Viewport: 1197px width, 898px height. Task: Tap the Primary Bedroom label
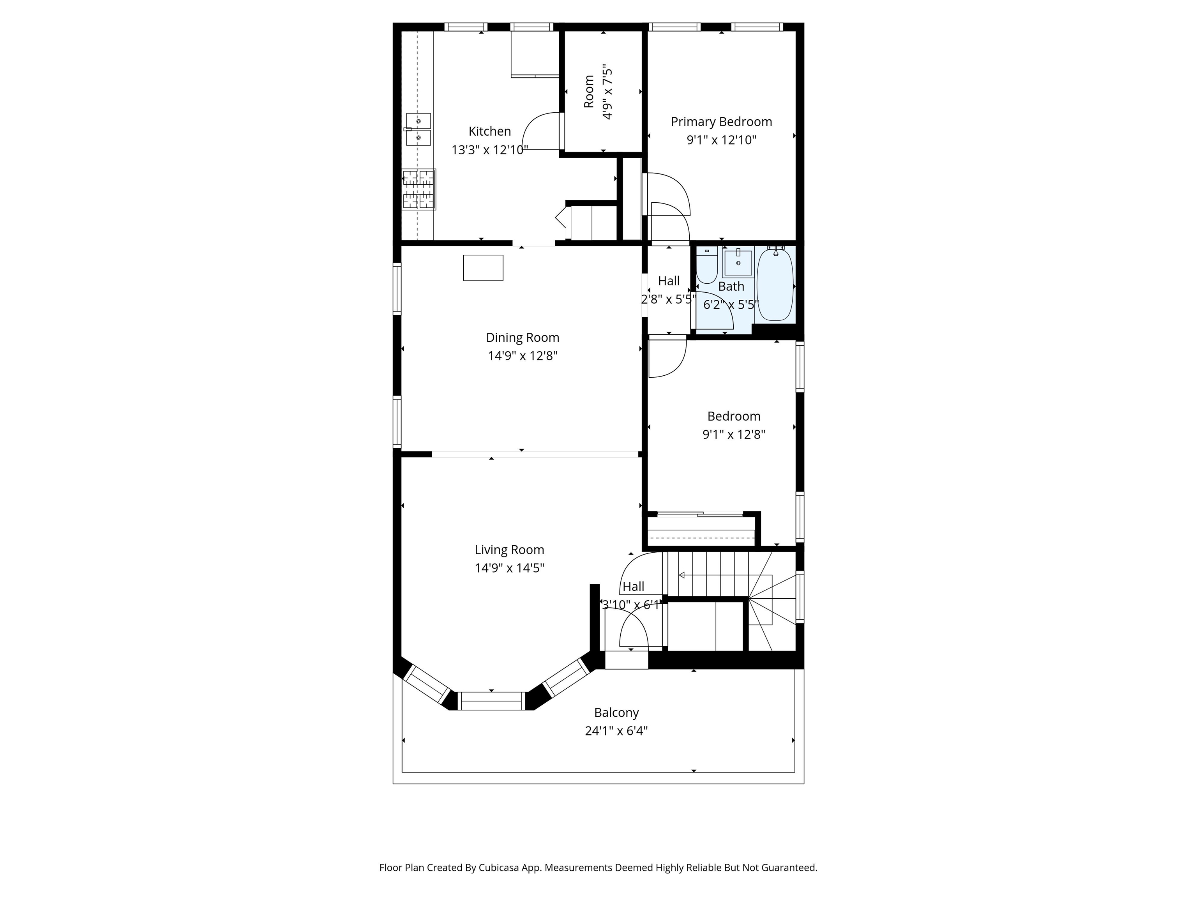[721, 122]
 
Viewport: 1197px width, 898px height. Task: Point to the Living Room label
[509, 550]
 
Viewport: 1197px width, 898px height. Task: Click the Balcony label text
[616, 713]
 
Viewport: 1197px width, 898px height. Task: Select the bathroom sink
[738, 263]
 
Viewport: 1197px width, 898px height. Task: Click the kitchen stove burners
[419, 189]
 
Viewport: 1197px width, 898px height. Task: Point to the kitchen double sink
[418, 129]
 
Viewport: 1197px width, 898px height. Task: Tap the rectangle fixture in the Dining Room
[483, 268]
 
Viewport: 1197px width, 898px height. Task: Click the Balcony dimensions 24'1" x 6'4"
[616, 731]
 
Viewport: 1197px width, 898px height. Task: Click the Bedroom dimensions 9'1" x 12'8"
[734, 435]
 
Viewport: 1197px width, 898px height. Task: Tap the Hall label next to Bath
[669, 281]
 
